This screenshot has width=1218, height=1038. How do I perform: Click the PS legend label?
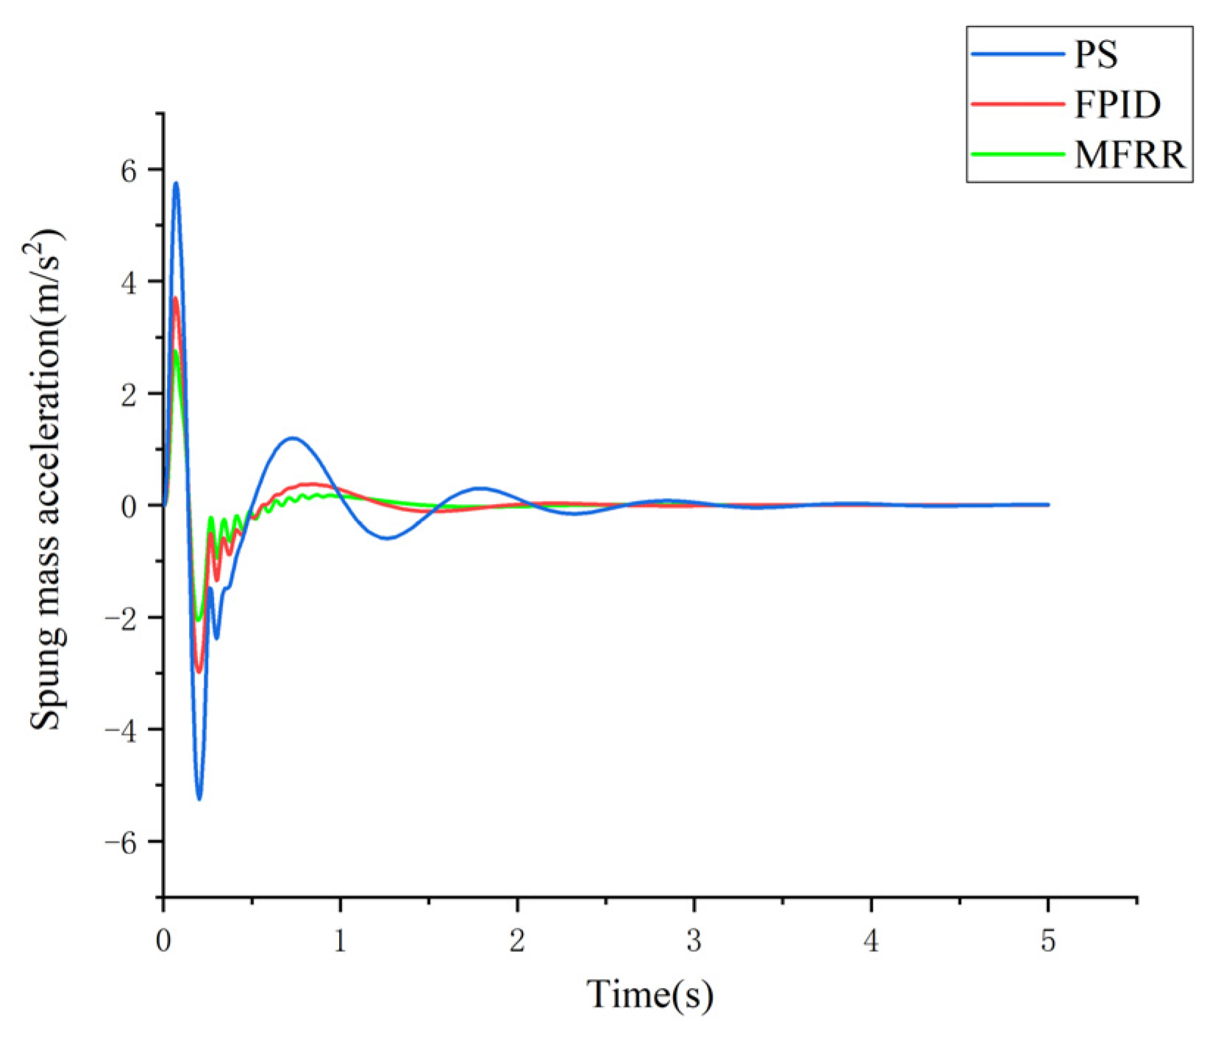tap(1096, 55)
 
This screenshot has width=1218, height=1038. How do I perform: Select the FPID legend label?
tap(1117, 104)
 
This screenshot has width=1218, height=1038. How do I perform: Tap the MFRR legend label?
tap(1130, 154)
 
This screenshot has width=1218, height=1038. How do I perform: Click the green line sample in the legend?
tap(1017, 154)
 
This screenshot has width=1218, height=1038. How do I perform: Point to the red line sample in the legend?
tap(1017, 104)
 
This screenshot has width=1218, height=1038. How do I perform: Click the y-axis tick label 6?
tap(129, 171)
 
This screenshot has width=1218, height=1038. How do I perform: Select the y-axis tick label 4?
tap(129, 283)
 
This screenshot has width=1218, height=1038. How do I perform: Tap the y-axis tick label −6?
tap(121, 843)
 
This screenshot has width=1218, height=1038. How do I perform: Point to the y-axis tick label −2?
tap(121, 619)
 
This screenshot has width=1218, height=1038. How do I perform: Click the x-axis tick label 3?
tap(694, 941)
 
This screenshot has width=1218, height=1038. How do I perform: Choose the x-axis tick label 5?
tap(1048, 941)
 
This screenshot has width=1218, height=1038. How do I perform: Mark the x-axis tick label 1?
tap(340, 941)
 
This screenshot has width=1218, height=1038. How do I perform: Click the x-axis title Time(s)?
tap(650, 995)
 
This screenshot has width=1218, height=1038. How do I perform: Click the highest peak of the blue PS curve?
tap(176, 183)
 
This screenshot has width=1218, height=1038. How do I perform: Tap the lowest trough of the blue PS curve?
tap(199, 798)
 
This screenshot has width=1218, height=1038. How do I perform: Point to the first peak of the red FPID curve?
tap(175, 298)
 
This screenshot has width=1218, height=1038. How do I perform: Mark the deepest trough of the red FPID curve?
tap(198, 671)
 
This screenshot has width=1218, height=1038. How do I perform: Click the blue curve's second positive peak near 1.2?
tap(293, 438)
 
